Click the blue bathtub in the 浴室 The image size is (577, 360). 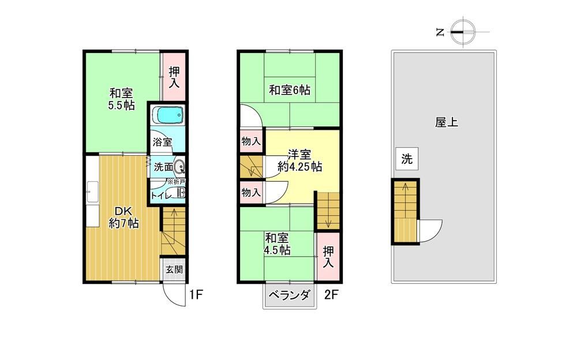coord(167,115)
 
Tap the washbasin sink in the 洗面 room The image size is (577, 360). coord(179,167)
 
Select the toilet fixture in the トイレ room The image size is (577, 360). coord(181,193)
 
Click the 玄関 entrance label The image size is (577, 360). coord(174,269)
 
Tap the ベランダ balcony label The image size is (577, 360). coord(290,295)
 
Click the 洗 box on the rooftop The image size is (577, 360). coord(407,159)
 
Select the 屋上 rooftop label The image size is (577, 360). coord(447,122)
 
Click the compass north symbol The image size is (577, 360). coord(463,32)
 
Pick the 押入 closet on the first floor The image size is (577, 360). coord(174,77)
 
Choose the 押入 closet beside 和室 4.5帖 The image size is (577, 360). coord(328,257)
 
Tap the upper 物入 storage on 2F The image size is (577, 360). coord(251,141)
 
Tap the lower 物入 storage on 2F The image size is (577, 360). coord(251,192)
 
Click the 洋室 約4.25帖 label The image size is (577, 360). coord(299,160)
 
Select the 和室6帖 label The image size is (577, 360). coord(290,90)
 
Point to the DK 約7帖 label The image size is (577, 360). coord(123,217)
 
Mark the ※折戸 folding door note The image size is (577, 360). coord(176,182)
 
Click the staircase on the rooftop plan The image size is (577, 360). coord(405,211)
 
